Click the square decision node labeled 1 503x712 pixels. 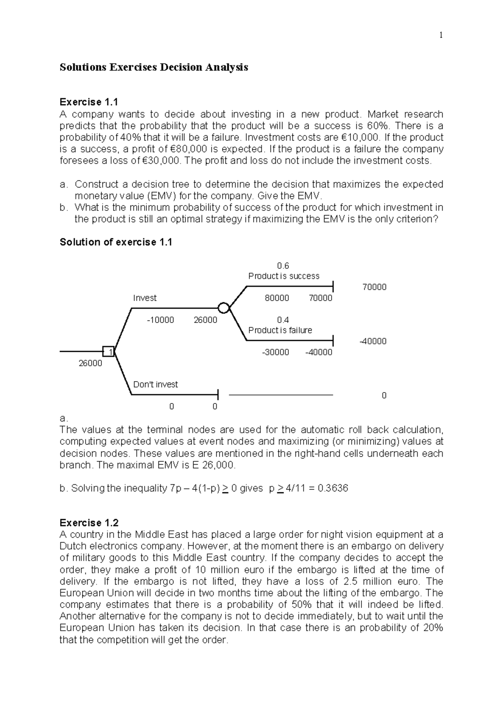click(x=109, y=351)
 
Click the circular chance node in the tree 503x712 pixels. click(x=224, y=308)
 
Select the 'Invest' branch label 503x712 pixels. click(x=145, y=298)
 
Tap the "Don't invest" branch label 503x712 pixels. click(x=155, y=385)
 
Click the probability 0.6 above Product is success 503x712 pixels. click(x=283, y=266)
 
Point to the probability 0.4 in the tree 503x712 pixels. click(x=283, y=320)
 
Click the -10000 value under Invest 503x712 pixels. click(x=161, y=320)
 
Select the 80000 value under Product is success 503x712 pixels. click(x=277, y=298)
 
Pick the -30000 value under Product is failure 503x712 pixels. click(x=275, y=352)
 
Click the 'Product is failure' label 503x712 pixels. click(x=280, y=330)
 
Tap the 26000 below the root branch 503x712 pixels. click(x=90, y=363)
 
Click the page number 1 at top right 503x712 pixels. click(x=441, y=35)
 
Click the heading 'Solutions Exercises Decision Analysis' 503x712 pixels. click(x=154, y=67)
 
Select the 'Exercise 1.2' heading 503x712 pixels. click(x=89, y=523)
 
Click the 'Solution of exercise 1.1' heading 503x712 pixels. click(x=116, y=242)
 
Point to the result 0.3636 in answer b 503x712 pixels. click(x=333, y=488)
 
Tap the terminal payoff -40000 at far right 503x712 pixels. click(x=373, y=341)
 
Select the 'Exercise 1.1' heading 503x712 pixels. click(x=89, y=102)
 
